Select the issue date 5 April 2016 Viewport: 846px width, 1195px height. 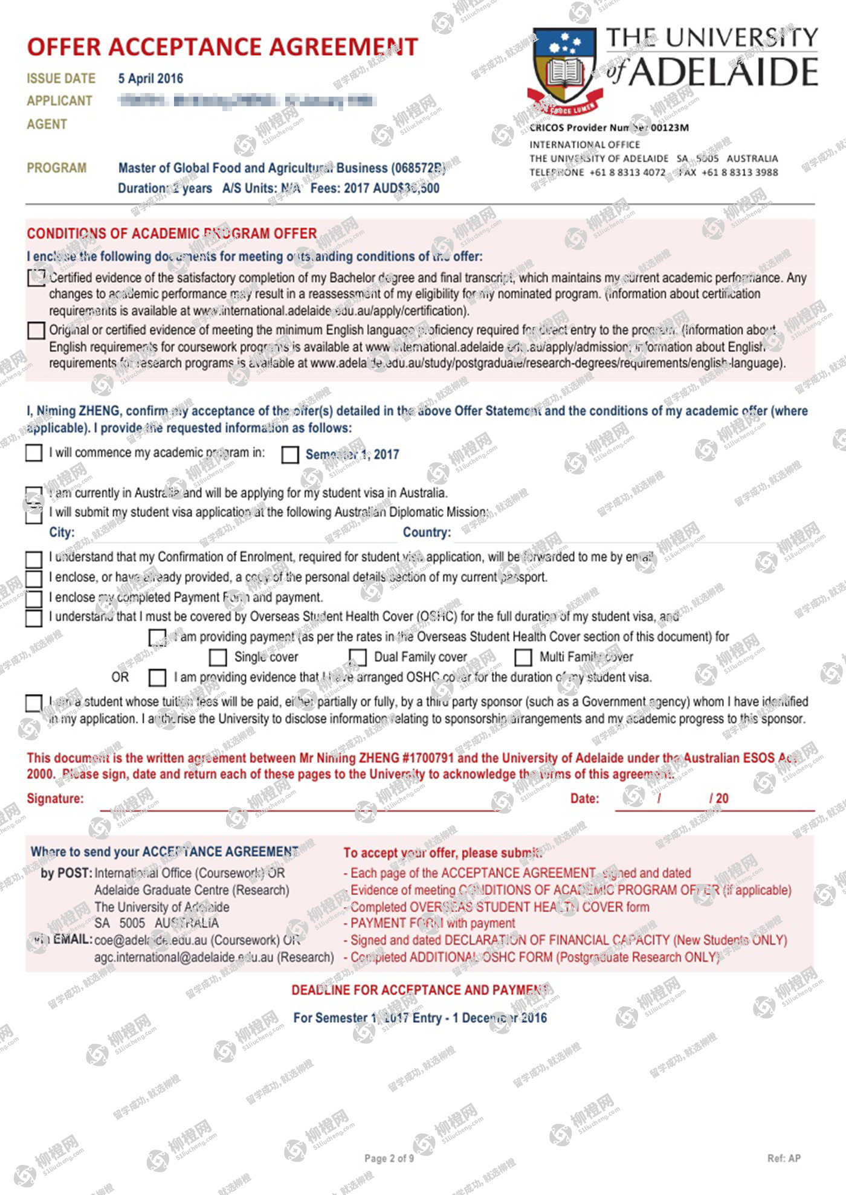(150, 79)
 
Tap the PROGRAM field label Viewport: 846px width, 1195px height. (56, 168)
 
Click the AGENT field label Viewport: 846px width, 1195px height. (47, 124)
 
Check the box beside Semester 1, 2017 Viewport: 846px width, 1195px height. (290, 455)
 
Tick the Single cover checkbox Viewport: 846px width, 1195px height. (218, 657)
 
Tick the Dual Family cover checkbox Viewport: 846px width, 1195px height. (358, 657)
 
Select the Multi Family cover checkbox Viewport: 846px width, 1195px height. (523, 657)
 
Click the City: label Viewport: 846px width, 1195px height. (62, 532)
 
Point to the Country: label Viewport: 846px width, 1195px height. (427, 532)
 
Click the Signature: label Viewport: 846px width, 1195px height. (55, 799)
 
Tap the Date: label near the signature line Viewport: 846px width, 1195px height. (584, 799)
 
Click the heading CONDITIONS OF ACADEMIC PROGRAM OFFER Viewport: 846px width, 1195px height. (172, 234)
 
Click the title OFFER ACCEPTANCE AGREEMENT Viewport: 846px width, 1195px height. (222, 47)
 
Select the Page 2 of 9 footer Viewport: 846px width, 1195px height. (389, 1158)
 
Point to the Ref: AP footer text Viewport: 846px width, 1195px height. (784, 1158)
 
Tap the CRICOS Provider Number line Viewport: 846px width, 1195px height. (609, 127)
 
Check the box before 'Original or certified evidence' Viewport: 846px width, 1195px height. (36, 330)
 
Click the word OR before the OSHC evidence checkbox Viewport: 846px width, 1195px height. (120, 677)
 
